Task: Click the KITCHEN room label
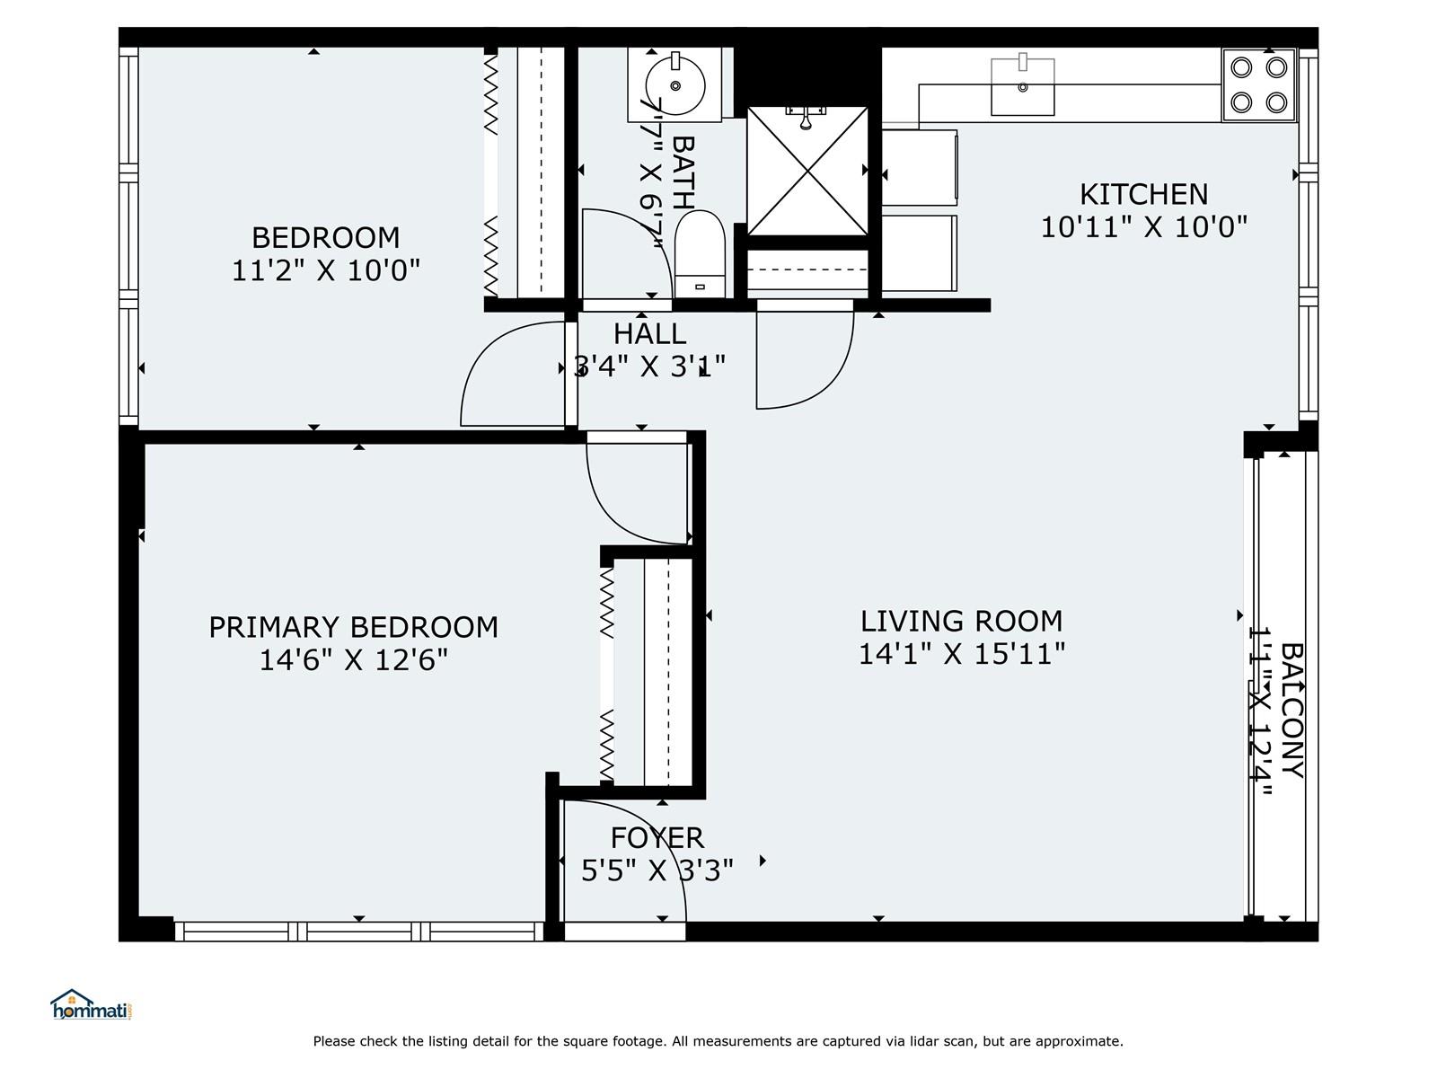pyautogui.click(x=1143, y=194)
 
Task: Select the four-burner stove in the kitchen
pyautogui.click(x=1258, y=84)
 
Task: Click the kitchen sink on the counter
pyautogui.click(x=1022, y=87)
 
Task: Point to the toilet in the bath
pyautogui.click(x=699, y=253)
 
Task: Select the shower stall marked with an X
pyautogui.click(x=807, y=171)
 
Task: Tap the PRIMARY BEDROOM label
pyautogui.click(x=353, y=627)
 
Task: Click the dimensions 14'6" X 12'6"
pyautogui.click(x=353, y=660)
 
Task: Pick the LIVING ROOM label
pyautogui.click(x=961, y=621)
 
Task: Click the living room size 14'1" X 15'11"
pyautogui.click(x=961, y=654)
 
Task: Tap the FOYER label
pyautogui.click(x=657, y=837)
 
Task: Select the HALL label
pyautogui.click(x=649, y=333)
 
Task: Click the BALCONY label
pyautogui.click(x=1291, y=710)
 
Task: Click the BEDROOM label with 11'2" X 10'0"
pyautogui.click(x=325, y=237)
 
